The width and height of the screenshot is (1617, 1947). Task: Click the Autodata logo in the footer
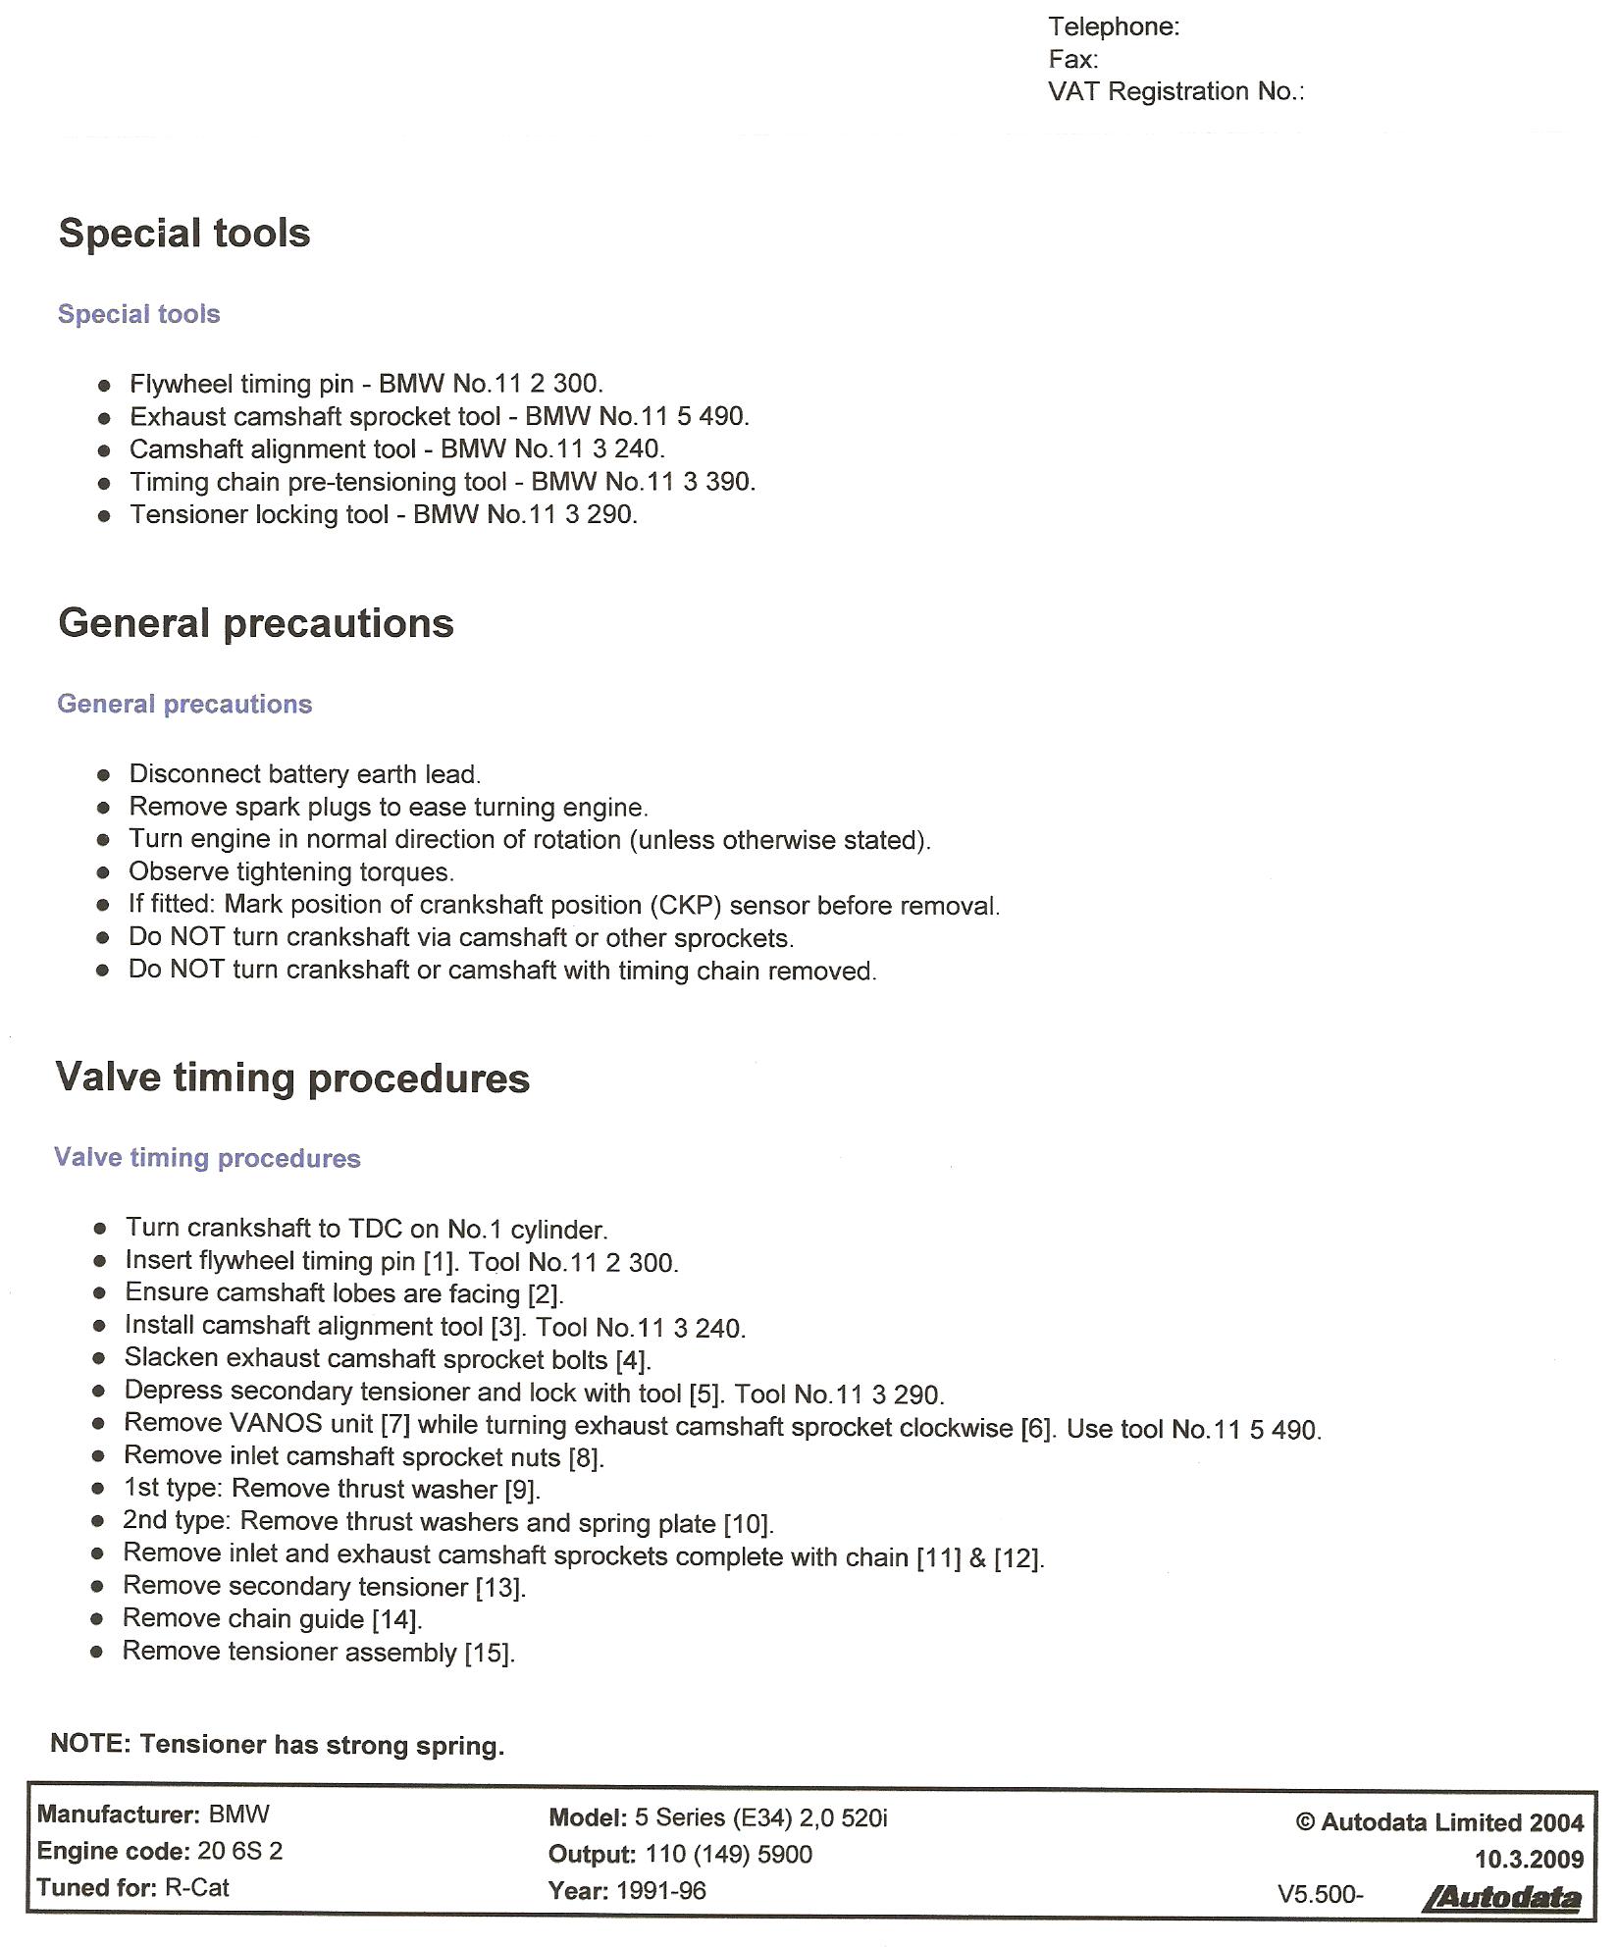[1500, 1897]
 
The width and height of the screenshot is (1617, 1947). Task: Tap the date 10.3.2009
[1529, 1859]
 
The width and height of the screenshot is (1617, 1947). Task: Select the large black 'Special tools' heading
[184, 234]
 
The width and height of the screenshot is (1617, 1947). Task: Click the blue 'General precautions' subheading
[184, 704]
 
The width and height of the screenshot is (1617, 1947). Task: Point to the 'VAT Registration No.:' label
[1175, 91]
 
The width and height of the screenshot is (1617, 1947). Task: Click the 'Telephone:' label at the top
[1114, 26]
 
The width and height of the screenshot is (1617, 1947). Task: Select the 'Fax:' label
[1072, 59]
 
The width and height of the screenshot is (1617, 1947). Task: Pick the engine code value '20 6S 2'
[239, 1852]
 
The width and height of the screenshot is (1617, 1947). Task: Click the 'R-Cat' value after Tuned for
[196, 1888]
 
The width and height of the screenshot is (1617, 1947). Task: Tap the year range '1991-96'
[661, 1891]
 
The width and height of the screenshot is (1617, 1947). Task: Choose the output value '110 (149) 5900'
[728, 1855]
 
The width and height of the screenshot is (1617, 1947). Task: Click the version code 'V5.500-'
[1320, 1894]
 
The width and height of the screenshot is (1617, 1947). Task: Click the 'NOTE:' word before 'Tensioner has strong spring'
[90, 1744]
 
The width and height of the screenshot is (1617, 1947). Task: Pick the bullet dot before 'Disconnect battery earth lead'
[104, 775]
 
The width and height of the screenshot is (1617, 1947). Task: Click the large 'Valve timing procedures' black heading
[292, 1078]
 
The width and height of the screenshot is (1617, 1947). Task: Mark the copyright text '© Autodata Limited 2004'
[1439, 1822]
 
